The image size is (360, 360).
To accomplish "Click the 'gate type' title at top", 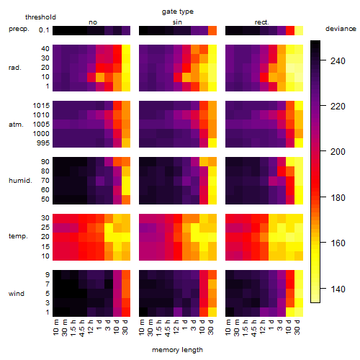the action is tap(178, 12).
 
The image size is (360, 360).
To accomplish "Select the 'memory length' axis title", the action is tap(177, 350).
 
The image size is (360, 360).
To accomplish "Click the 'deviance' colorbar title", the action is tap(341, 29).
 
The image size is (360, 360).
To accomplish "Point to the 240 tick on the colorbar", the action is tap(338, 61).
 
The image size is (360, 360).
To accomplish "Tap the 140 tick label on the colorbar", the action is tap(338, 289).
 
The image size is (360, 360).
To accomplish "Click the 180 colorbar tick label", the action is tap(338, 198).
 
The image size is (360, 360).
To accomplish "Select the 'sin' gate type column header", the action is tap(177, 22).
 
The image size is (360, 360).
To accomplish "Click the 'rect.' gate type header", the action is tap(262, 22).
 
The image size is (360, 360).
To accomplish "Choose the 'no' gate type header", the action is tap(93, 22).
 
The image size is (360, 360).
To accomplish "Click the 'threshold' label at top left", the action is tap(40, 17).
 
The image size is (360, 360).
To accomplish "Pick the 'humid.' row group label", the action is tap(20, 181).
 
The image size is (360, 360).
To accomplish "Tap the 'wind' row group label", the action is tap(17, 294).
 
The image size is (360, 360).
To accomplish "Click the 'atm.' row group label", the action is tap(16, 125).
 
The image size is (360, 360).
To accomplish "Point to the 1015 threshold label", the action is tap(41, 106).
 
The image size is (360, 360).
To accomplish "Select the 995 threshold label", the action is tap(43, 143).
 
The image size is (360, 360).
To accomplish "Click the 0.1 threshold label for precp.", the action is tap(44, 30).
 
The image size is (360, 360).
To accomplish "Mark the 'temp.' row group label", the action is tap(18, 236).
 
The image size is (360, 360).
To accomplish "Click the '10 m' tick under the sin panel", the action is tap(142, 327).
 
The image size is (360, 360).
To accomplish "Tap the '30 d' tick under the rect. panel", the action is tap(297, 327).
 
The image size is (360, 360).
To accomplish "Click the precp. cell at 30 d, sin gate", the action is tap(212, 30).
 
